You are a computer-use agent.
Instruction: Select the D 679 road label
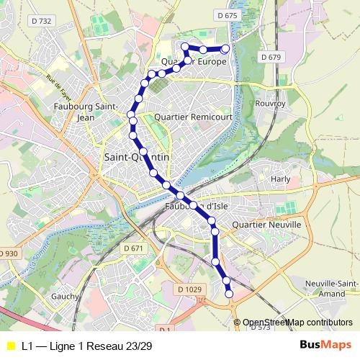(271, 56)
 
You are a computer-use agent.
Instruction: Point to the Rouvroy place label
(271, 103)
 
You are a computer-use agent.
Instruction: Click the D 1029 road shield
(189, 289)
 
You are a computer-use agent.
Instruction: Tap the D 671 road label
(134, 248)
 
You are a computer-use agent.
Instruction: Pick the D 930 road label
(9, 254)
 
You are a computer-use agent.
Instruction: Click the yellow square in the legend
(10, 346)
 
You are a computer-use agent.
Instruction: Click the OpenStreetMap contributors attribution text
(297, 323)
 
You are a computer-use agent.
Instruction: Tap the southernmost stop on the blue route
(230, 293)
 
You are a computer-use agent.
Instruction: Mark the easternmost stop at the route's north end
(225, 49)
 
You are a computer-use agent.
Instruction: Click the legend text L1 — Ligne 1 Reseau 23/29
(87, 346)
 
